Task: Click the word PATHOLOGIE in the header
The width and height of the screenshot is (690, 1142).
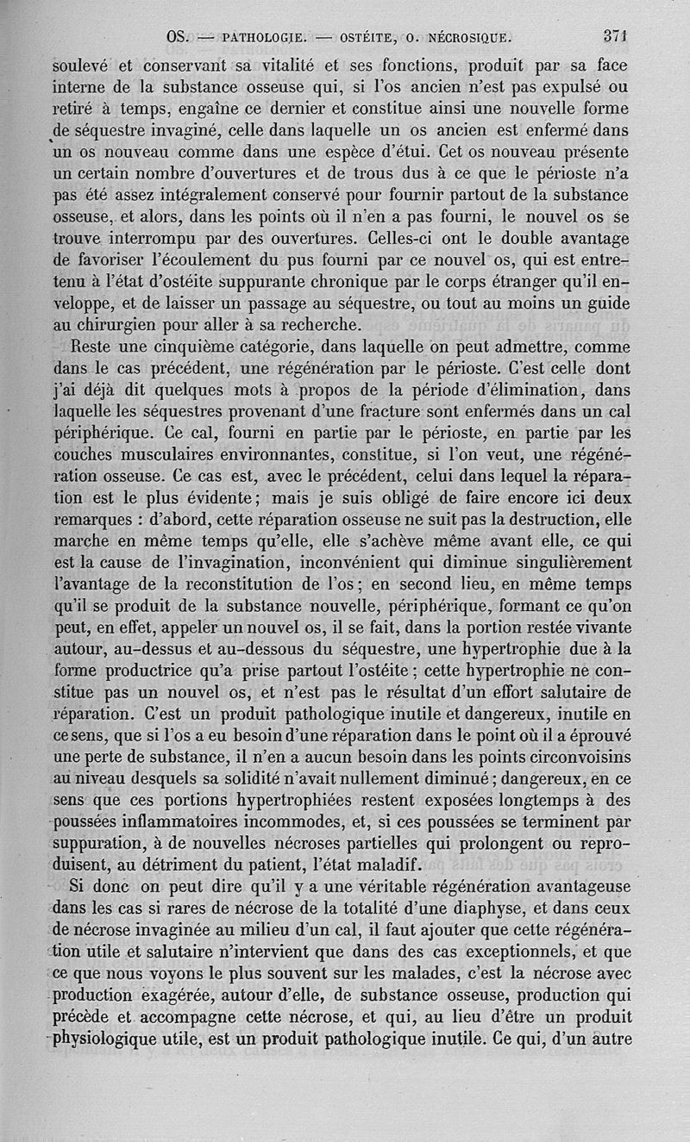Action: pyautogui.click(x=260, y=37)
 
